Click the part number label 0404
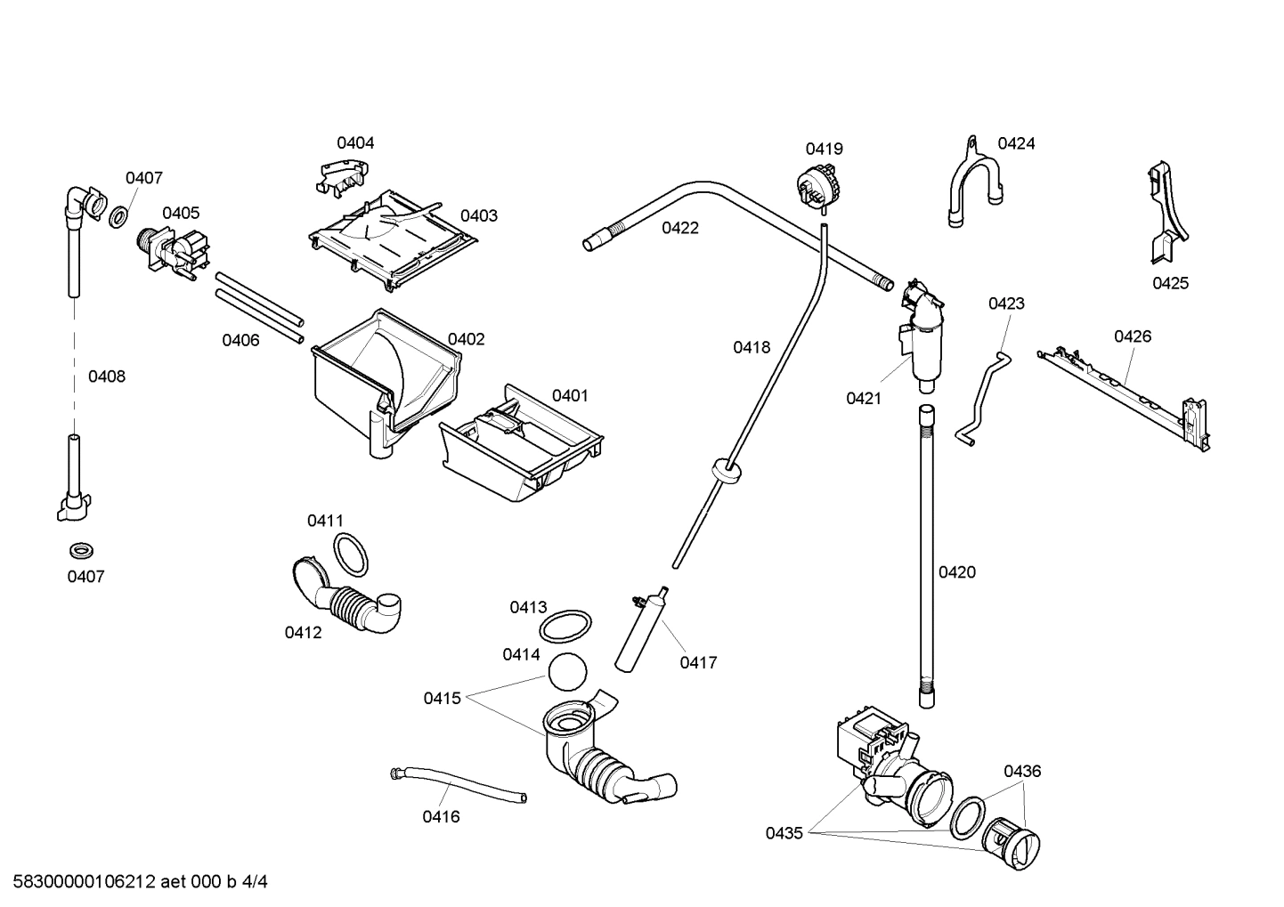coord(355,142)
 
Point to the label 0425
coord(1170,283)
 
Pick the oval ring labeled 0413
coord(566,624)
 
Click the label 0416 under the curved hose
coord(441,816)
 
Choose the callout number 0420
coord(957,572)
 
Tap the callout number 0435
coord(784,833)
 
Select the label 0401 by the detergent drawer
coord(570,395)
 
